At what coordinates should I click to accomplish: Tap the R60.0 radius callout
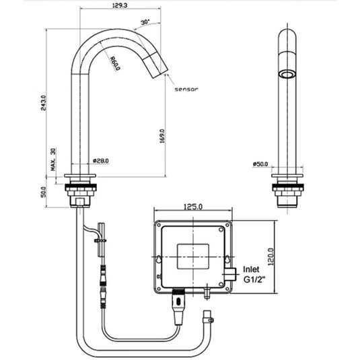115,65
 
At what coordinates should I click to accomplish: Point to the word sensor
186,88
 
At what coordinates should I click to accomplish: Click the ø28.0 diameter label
100,161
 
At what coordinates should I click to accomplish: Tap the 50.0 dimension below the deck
45,192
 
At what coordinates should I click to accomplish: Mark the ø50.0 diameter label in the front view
260,164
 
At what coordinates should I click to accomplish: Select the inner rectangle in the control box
193,257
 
